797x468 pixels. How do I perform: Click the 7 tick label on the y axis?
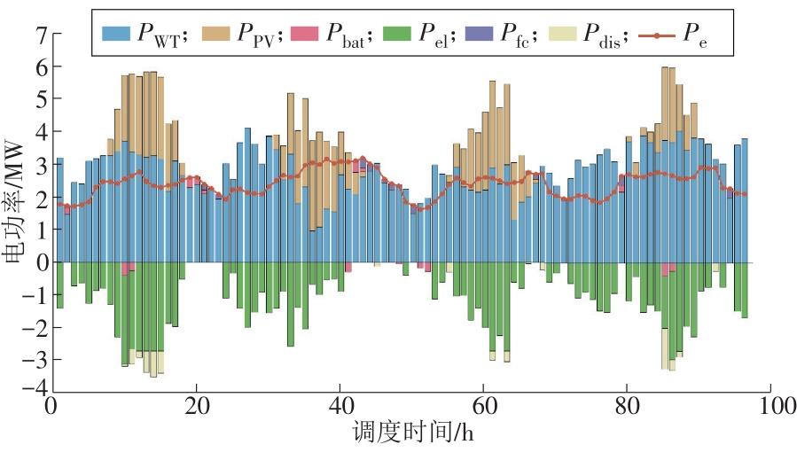tap(40, 35)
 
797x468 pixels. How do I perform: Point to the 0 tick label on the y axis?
tap(40, 263)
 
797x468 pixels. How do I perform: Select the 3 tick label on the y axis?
tap(40, 166)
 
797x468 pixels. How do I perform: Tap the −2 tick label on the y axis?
tap(35, 328)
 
